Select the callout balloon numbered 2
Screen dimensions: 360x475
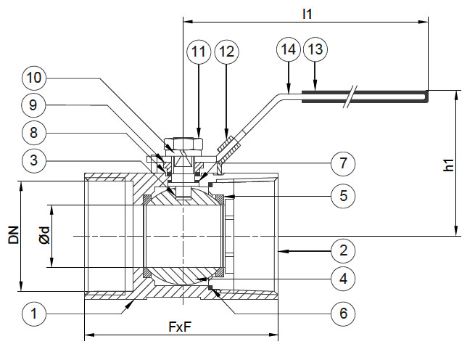[x=342, y=251]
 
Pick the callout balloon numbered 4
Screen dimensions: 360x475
[x=342, y=277]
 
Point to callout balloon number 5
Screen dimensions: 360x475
[x=342, y=195]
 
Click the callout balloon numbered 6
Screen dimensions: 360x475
[x=342, y=314]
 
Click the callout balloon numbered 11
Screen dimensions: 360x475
[x=198, y=52]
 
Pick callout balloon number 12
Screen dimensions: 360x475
[x=226, y=52]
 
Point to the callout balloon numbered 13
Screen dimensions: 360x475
[x=315, y=50]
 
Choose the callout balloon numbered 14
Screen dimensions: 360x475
[x=288, y=50]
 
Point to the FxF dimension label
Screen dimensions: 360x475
[x=181, y=327]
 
